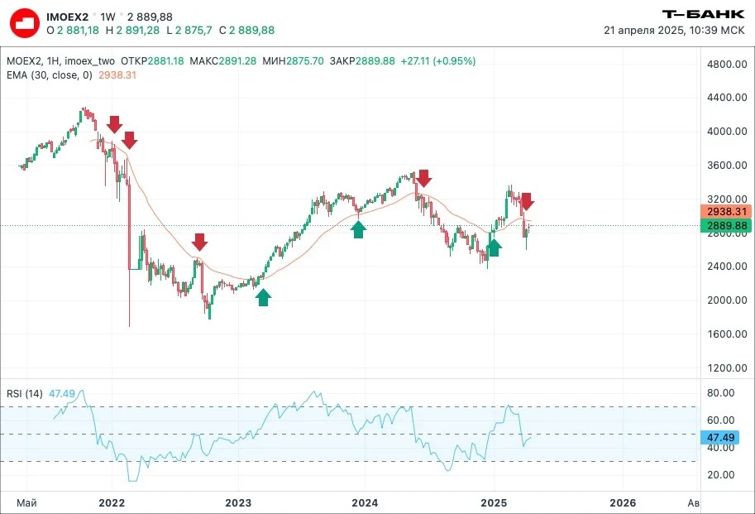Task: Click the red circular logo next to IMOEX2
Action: (x=25, y=24)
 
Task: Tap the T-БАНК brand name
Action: (x=704, y=14)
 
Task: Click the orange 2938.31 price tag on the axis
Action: (x=726, y=212)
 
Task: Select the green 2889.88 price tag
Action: (x=726, y=225)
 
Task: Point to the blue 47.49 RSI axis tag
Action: (x=720, y=437)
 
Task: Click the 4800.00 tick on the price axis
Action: (x=727, y=64)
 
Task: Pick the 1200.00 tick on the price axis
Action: (x=727, y=368)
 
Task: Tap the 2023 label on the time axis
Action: (x=238, y=503)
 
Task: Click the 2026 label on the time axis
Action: (x=623, y=503)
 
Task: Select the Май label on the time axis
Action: (x=26, y=503)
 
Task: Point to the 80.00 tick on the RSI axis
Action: (x=721, y=393)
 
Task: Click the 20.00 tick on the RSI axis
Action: (x=721, y=475)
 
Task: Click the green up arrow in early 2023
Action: (x=263, y=297)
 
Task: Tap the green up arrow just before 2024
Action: (x=358, y=229)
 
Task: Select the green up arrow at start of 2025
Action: (x=494, y=247)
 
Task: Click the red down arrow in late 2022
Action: (x=199, y=242)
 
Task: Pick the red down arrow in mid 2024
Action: (x=423, y=178)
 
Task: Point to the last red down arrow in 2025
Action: (x=526, y=201)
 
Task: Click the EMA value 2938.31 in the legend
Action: (x=117, y=75)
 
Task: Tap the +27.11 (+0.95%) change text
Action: (x=438, y=61)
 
